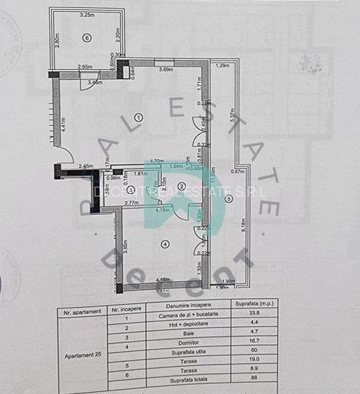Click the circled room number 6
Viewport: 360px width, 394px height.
87,38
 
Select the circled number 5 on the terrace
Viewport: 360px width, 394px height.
228,199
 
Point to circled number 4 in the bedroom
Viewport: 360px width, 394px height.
165,244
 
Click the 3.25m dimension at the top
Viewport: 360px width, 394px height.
87,14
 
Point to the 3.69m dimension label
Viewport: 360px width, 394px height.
166,69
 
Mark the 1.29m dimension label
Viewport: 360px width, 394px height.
223,65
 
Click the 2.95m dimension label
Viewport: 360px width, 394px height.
85,67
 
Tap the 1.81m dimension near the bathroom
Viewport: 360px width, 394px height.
139,174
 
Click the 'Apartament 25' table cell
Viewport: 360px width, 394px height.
85,354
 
